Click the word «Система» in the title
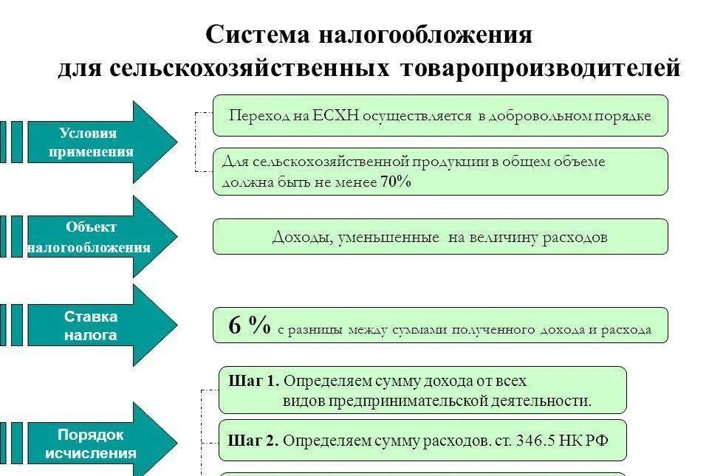coord(257,34)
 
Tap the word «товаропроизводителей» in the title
coord(540,68)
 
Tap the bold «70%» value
coord(395,182)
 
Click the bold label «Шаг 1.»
coord(253,381)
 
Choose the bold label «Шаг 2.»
coord(253,441)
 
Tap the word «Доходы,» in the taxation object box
coord(304,237)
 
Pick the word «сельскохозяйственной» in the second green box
coord(331,161)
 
